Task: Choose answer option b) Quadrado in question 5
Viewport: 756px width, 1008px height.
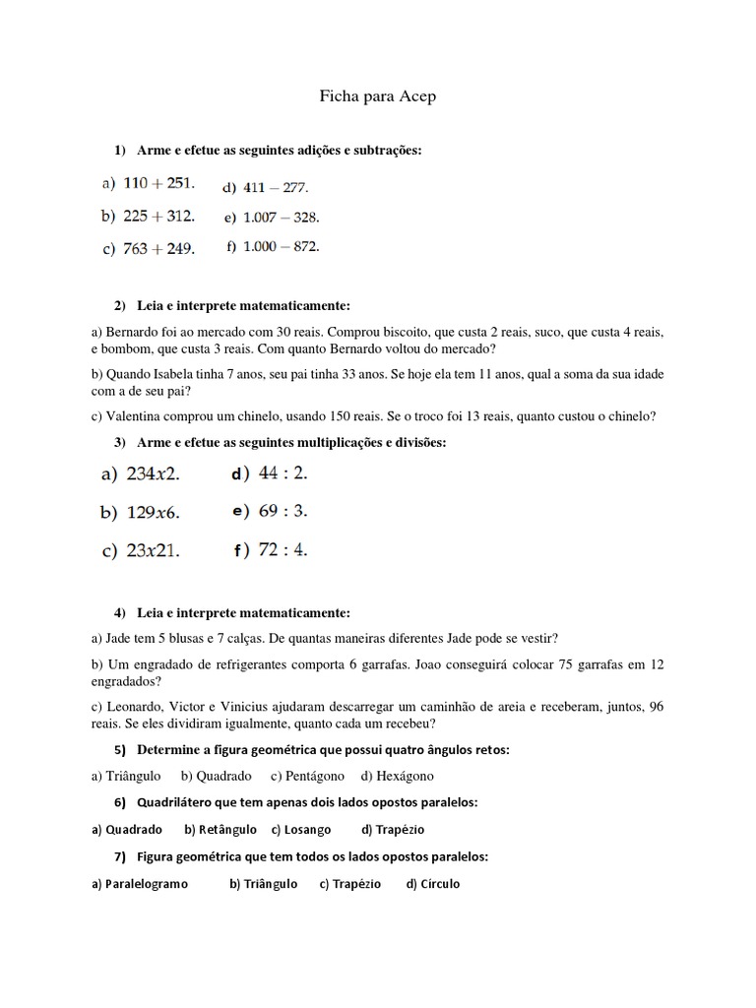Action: (x=217, y=776)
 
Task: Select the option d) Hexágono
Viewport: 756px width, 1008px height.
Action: (x=397, y=776)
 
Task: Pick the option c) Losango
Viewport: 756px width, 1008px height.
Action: (x=301, y=830)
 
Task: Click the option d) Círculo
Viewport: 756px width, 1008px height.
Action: (x=432, y=884)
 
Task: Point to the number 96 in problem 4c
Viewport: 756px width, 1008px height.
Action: (x=656, y=706)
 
